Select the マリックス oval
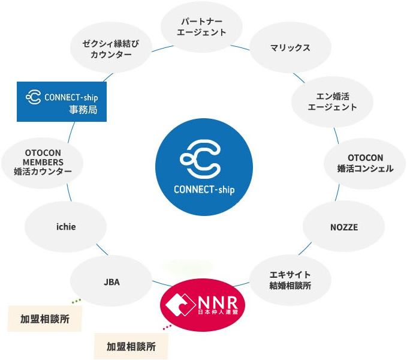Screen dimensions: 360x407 (290, 47)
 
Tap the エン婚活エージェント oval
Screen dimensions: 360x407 (332, 100)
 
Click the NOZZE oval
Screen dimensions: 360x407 (343, 227)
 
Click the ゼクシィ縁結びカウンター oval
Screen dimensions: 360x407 (110, 49)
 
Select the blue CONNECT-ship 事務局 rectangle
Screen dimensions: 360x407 (62, 102)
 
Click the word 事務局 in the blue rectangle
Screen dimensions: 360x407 (83, 110)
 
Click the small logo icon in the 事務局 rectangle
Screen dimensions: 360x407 (33, 96)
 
